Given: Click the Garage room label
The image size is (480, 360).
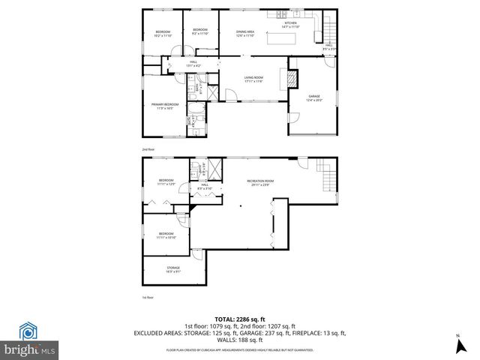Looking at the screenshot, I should click(x=314, y=98).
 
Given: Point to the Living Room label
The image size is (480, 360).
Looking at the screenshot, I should click(x=253, y=79).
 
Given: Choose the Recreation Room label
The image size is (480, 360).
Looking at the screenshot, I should click(x=259, y=182).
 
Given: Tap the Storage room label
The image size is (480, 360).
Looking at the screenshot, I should click(x=172, y=268).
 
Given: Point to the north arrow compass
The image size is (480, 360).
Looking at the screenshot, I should click(x=457, y=346).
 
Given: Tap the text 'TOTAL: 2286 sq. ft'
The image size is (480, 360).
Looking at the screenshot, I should click(x=239, y=318).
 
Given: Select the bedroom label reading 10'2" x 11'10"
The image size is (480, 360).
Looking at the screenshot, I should click(x=163, y=34).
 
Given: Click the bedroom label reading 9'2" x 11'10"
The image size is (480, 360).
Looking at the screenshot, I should click(x=201, y=32).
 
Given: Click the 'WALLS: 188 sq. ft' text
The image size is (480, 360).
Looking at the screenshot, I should click(x=239, y=339).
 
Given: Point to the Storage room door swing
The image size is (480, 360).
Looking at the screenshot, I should click(x=196, y=255).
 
